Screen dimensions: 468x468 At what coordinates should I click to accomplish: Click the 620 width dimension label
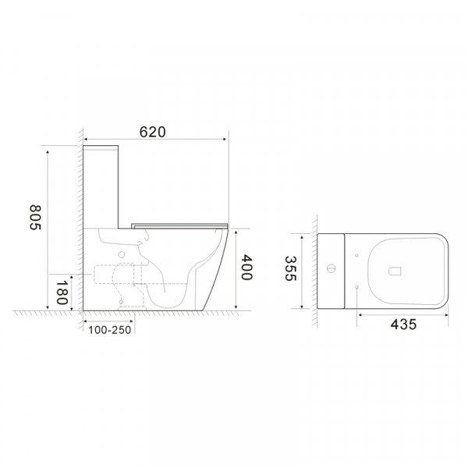153,133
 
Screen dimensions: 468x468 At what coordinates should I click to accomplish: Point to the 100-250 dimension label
108,330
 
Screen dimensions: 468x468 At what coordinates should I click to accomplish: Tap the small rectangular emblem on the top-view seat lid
395,271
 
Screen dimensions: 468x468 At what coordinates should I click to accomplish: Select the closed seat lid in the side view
179,224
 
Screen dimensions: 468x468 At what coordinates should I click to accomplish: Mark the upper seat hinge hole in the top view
356,255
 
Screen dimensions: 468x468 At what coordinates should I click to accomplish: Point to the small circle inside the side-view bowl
122,254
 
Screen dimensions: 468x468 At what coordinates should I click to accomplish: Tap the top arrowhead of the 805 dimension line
49,147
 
